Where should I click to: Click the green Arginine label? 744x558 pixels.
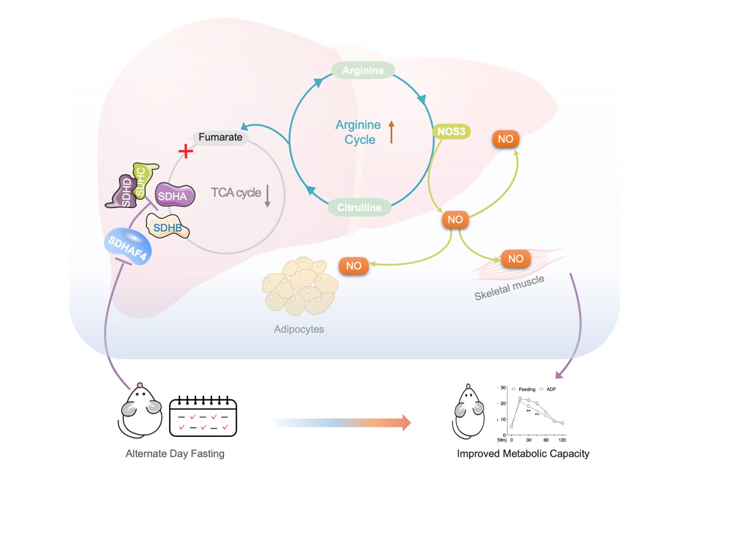[363, 70]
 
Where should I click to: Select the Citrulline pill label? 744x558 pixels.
[359, 208]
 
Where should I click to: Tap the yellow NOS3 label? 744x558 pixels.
[451, 132]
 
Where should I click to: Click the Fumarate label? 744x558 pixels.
[220, 137]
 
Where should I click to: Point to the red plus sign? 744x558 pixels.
[186, 151]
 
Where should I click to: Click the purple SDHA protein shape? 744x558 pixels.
[174, 196]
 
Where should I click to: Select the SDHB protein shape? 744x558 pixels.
[167, 227]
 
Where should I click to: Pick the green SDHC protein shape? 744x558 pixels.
[143, 177]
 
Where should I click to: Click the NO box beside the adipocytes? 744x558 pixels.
[353, 266]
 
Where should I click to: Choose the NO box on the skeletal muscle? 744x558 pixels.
[515, 259]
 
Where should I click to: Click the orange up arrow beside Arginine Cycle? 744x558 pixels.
[391, 132]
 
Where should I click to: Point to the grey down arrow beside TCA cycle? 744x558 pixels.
[268, 196]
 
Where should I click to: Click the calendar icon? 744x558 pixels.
[203, 416]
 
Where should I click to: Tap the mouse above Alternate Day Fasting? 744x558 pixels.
[140, 411]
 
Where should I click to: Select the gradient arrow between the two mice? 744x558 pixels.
[342, 423]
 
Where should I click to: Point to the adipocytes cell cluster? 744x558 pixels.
[300, 286]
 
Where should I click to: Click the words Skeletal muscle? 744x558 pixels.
[509, 287]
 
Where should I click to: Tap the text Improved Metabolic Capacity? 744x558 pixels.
[523, 454]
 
